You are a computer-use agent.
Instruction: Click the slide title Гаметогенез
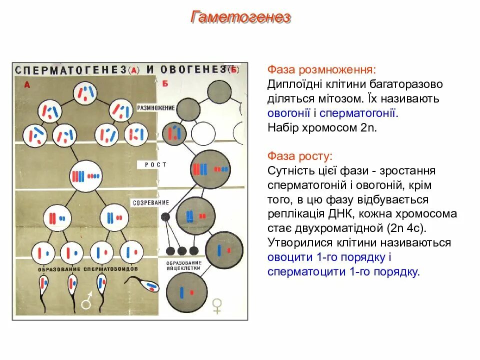[240, 18]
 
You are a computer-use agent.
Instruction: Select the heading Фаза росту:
[299, 156]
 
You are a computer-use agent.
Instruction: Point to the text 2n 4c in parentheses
[405, 228]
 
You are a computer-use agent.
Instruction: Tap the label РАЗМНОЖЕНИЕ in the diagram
[156, 108]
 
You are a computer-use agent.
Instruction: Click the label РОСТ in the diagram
[156, 164]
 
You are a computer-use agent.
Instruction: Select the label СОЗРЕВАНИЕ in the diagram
[150, 203]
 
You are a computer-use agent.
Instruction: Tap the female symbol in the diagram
[217, 305]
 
